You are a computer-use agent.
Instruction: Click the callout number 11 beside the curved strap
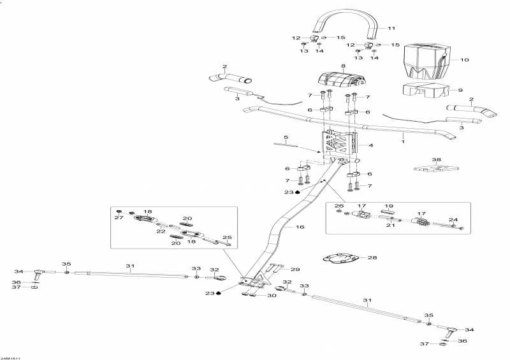pyautogui.click(x=391, y=28)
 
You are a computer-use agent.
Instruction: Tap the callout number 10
pyautogui.click(x=464, y=60)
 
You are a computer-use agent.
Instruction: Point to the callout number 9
pyautogui.click(x=461, y=90)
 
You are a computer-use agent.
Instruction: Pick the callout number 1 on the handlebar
pyautogui.click(x=403, y=136)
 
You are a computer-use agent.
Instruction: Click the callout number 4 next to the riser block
pyautogui.click(x=370, y=145)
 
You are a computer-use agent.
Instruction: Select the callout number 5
pyautogui.click(x=286, y=138)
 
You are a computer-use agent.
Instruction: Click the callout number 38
pyautogui.click(x=436, y=159)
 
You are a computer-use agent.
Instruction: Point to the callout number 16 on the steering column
pyautogui.click(x=300, y=226)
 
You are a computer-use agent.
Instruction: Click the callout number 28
pyautogui.click(x=372, y=257)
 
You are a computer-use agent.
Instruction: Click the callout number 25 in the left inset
pyautogui.click(x=228, y=237)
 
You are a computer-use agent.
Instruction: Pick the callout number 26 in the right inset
pyautogui.click(x=339, y=206)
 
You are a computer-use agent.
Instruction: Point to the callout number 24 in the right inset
pyautogui.click(x=454, y=220)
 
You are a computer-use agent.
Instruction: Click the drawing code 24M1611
pyautogui.click(x=11, y=357)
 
